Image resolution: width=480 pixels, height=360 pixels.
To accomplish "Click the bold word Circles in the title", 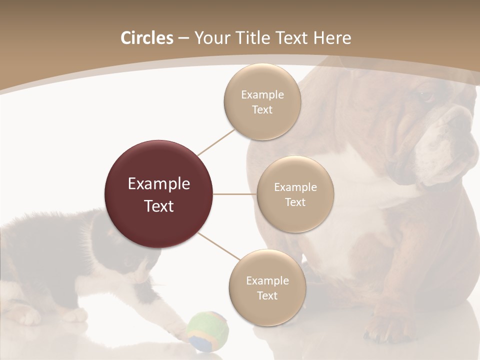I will [x=146, y=38].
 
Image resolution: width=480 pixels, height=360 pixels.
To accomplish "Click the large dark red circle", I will [x=159, y=194].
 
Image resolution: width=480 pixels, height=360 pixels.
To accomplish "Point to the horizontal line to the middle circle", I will [x=235, y=194].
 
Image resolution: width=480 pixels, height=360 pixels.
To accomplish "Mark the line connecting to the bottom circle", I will [x=218, y=245].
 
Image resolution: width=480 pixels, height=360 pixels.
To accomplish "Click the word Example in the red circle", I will [x=159, y=184].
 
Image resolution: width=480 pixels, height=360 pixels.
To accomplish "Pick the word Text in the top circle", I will [x=262, y=110].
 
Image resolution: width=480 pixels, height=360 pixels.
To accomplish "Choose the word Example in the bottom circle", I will [x=267, y=280].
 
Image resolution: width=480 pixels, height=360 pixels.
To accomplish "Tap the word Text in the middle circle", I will [x=295, y=202].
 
